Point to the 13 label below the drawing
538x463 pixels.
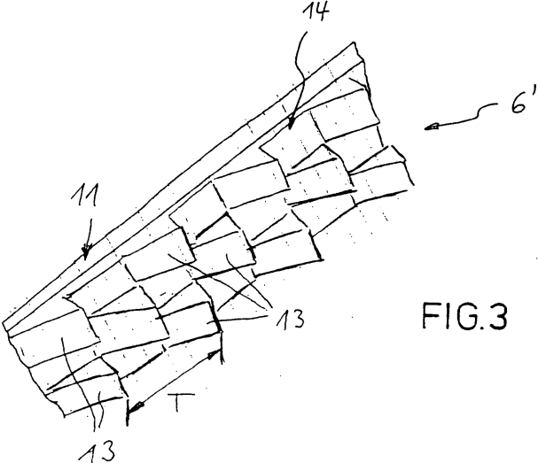(x=97, y=451)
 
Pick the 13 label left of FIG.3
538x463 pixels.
(x=291, y=319)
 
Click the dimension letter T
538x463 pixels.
(x=181, y=402)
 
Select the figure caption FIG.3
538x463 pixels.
(x=464, y=316)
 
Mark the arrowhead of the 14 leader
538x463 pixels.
(x=291, y=124)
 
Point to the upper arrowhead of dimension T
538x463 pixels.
(x=214, y=353)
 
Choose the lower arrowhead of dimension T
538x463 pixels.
(x=135, y=407)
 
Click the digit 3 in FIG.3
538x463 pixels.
(x=495, y=316)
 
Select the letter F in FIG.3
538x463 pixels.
(x=430, y=316)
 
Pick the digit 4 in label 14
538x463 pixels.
(x=321, y=12)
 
